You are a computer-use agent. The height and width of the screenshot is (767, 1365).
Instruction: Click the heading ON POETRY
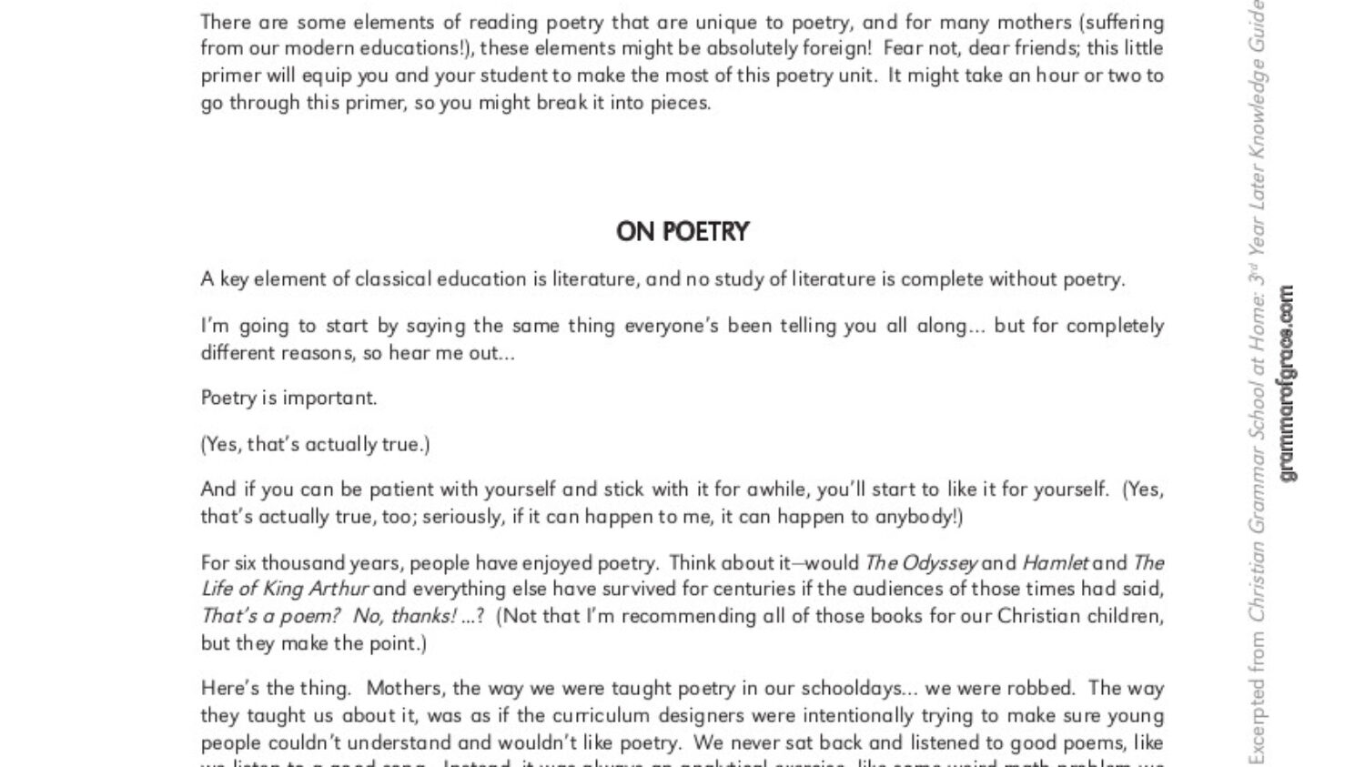pos(682,232)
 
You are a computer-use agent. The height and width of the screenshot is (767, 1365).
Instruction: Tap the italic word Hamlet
pos(1056,562)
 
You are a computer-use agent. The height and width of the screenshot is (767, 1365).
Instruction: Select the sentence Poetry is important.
pos(288,398)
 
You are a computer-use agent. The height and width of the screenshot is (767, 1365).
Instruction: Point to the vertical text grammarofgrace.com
pos(1286,383)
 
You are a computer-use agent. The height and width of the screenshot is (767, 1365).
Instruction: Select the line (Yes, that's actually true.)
pos(315,444)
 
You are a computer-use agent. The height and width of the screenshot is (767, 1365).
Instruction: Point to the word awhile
pos(776,489)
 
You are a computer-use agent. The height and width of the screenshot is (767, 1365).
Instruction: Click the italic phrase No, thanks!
pos(405,616)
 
